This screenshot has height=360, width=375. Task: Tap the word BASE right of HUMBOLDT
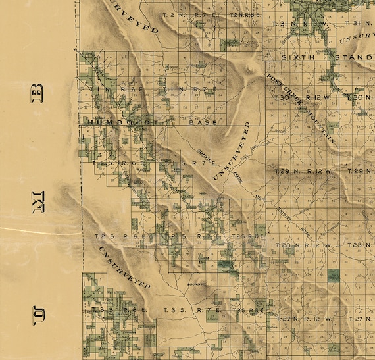click(x=202, y=122)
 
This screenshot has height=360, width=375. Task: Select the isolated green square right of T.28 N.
click(x=334, y=275)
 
